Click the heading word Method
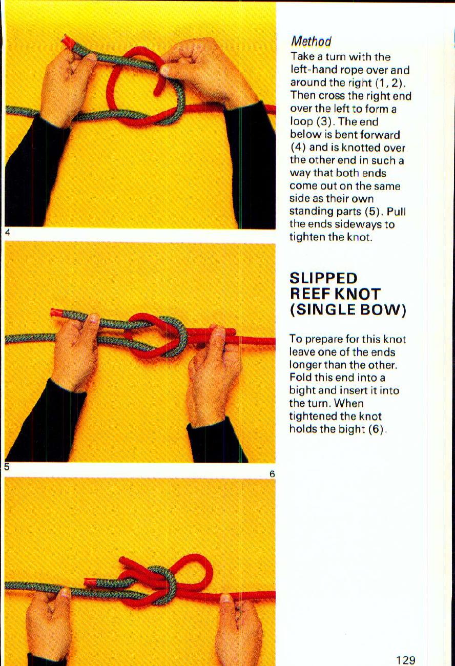point(311,41)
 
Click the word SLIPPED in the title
point(323,279)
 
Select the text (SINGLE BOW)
point(348,310)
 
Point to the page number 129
point(405,660)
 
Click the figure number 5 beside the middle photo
point(6,467)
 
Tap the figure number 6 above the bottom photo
point(272,474)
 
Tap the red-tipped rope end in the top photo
point(67,42)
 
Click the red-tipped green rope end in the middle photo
point(56,313)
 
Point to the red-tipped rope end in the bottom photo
point(89,582)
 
